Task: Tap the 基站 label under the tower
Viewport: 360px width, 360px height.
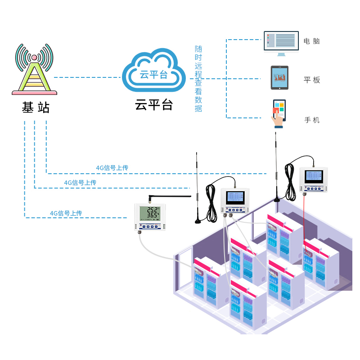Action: coord(35,108)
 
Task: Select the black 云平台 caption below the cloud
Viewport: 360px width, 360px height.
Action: coord(154,105)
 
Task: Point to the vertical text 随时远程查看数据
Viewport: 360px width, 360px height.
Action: coord(198,79)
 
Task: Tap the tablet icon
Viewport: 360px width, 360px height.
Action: coord(279,78)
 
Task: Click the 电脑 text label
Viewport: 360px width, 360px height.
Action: coord(312,41)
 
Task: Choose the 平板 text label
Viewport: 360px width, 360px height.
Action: coord(312,80)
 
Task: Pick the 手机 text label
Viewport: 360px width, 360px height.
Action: coord(312,120)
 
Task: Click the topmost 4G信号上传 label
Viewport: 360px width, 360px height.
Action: coord(112,168)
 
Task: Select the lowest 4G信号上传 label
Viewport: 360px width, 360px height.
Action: coord(66,213)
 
